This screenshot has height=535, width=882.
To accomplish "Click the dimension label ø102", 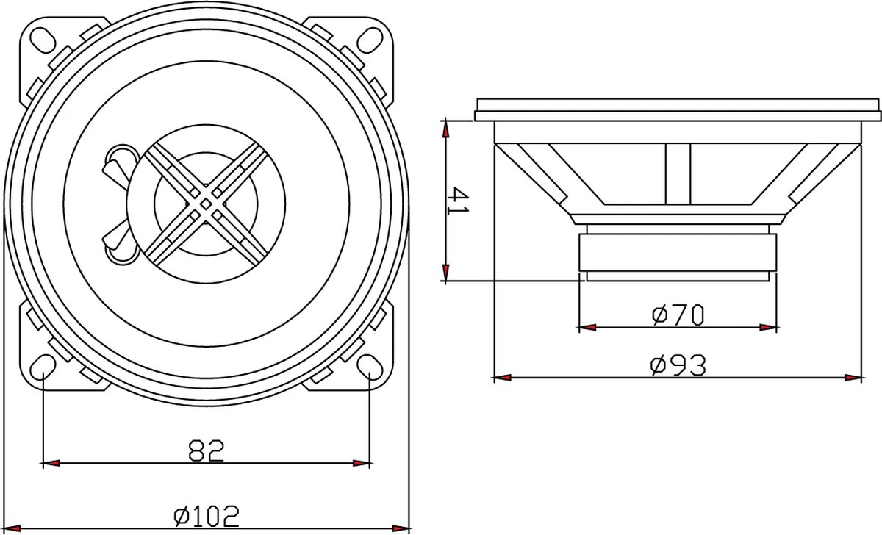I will [207, 517].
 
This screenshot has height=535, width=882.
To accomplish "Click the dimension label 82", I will [207, 450].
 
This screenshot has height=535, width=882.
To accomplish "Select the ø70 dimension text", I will [678, 315].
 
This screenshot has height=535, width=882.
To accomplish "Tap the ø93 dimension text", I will [678, 365].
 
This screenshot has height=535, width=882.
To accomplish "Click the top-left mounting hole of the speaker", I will [43, 37].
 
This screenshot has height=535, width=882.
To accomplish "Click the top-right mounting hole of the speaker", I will [369, 37].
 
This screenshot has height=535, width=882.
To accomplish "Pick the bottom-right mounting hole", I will [369, 365].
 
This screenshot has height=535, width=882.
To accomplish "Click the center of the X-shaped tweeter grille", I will [207, 201].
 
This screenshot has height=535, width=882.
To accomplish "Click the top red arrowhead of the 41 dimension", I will [445, 129].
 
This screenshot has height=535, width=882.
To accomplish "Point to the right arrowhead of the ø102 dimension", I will [401, 529].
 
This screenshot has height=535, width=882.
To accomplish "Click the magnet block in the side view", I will [678, 253].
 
